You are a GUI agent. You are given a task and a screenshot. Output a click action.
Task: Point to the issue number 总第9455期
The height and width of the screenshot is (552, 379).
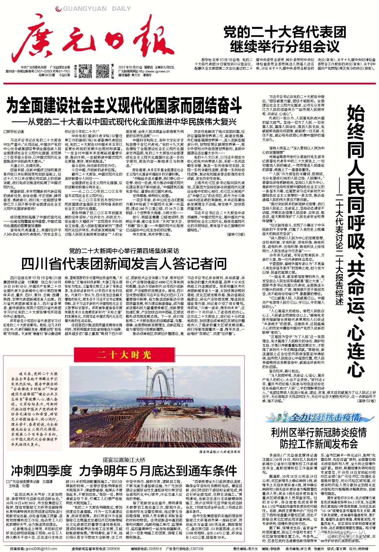(47, 75)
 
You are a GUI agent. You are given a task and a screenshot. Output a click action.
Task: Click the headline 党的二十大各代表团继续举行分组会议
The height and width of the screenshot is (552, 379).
(285, 39)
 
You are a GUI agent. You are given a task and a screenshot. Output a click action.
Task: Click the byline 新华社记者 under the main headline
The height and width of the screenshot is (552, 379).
(14, 132)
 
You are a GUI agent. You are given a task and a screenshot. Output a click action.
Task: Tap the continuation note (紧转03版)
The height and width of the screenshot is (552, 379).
(236, 234)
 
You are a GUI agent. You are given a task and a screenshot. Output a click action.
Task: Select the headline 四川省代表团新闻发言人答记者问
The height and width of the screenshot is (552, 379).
(124, 263)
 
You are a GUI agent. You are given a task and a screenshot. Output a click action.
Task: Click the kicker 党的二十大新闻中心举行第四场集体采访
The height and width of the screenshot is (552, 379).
(124, 251)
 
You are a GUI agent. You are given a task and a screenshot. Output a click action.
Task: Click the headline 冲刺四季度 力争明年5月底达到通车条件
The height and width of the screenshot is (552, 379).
(124, 470)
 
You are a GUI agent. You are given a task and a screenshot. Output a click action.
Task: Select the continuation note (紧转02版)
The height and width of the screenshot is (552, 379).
(366, 401)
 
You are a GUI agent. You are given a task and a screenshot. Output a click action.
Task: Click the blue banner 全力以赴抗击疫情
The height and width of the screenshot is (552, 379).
(325, 418)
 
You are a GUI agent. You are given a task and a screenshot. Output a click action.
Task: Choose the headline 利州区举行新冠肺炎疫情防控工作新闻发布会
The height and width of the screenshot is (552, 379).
(319, 438)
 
